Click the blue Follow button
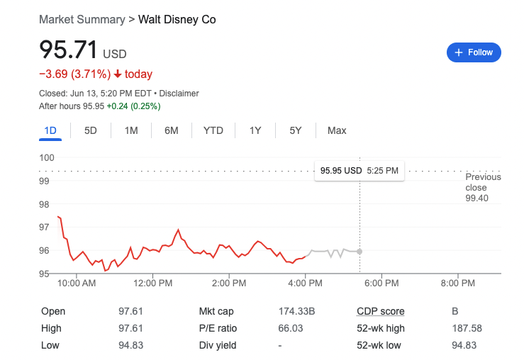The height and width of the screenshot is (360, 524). click(474, 52)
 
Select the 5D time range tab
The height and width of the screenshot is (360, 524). click(91, 130)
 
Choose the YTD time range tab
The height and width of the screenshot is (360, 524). click(213, 130)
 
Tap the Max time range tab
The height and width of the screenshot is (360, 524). click(337, 130)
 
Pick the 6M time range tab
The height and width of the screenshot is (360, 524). click(171, 130)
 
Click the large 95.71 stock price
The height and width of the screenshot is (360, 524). click(69, 50)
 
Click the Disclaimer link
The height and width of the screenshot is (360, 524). click(179, 94)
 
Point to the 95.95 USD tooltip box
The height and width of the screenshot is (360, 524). click(359, 171)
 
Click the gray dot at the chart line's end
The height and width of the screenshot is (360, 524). click(359, 252)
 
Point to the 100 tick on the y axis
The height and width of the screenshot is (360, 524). click(47, 157)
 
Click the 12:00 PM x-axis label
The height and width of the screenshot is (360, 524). click(152, 283)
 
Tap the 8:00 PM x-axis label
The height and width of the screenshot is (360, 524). click(457, 283)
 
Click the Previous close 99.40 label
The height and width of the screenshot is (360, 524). click(483, 188)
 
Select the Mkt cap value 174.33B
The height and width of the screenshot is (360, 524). click(296, 311)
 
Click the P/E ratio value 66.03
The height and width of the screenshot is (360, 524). click(290, 328)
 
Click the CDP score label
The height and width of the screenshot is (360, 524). click(380, 311)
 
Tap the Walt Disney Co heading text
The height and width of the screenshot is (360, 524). click(177, 19)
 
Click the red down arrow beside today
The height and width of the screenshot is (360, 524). click(118, 74)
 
